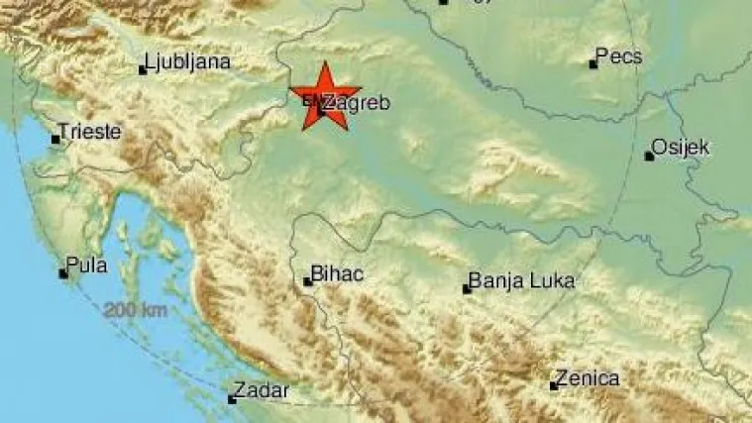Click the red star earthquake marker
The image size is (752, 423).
coord(325,95)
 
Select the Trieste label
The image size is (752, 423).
coord(91,131)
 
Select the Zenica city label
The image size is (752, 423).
coord(590,377)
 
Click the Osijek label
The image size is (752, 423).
coord(684,148)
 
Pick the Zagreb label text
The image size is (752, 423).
coord(357,102)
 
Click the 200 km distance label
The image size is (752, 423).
coord(135,310)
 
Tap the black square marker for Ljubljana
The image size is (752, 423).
coord(144,69)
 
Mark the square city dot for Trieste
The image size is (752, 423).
coord(56,139)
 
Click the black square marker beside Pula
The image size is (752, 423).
coord(63,272)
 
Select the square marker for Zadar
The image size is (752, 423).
coord(232,399)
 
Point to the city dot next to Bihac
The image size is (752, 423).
coord(307,281)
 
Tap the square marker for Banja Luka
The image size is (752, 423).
coord(467,289)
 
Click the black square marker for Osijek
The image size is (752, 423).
coord(649,156)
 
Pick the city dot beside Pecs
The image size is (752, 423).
coord(593,64)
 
